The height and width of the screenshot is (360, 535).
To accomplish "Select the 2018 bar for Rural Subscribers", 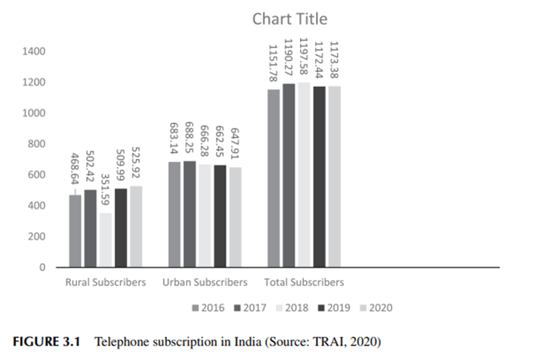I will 106,240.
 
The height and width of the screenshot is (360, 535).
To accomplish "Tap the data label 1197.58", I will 303,57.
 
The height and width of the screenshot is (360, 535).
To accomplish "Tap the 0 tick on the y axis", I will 43,267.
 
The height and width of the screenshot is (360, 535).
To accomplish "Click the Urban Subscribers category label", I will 205,283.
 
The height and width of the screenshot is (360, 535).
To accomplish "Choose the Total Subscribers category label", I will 304,283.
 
